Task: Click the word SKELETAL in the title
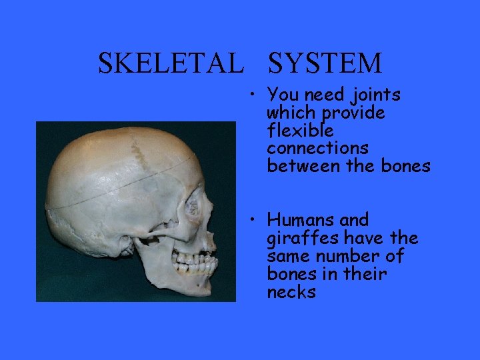[x=169, y=63]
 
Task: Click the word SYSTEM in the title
[x=325, y=63]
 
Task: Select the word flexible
[x=299, y=131]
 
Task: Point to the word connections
[x=317, y=148]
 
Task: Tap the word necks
[x=291, y=292]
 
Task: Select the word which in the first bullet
[x=291, y=113]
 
